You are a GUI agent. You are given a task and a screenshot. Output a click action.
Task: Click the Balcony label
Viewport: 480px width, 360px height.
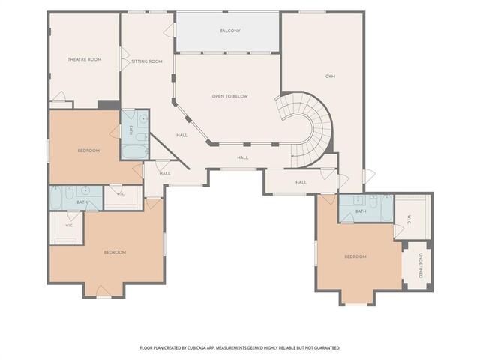[230, 31]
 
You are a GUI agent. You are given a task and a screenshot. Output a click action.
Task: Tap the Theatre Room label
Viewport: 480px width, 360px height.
[85, 59]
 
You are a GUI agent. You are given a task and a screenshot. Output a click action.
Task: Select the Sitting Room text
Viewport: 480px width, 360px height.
[147, 61]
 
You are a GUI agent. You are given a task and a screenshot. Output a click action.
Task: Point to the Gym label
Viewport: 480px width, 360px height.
[330, 76]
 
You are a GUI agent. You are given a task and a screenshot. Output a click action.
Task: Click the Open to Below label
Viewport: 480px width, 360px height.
[230, 96]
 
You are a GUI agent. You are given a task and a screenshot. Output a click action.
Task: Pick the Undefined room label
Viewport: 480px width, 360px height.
[421, 265]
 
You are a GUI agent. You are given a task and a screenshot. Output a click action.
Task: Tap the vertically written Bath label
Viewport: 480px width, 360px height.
[131, 130]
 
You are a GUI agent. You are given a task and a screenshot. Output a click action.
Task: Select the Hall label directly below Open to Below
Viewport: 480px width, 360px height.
[243, 158]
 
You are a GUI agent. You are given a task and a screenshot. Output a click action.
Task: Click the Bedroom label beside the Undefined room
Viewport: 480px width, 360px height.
[355, 256]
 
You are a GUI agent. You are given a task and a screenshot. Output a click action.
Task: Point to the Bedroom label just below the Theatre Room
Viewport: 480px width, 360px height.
[88, 151]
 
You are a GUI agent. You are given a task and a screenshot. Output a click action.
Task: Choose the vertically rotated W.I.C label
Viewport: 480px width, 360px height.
[409, 220]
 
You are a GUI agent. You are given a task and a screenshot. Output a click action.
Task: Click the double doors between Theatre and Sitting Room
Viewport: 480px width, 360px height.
[124, 59]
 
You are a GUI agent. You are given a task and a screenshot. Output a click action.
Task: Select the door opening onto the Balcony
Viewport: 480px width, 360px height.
[169, 30]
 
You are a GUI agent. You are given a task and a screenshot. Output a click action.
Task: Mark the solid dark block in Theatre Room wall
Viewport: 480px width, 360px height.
[109, 105]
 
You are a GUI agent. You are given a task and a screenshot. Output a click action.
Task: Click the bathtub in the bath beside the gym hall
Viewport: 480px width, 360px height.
[387, 208]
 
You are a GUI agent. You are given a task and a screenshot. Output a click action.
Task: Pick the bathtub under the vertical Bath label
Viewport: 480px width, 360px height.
[134, 151]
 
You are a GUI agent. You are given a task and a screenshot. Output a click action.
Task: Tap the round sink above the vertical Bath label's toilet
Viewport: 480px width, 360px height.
[142, 118]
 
